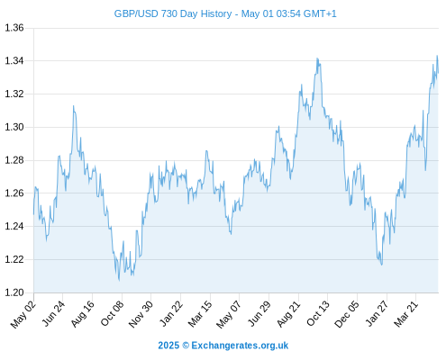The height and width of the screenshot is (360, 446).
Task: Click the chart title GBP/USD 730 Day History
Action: [173, 13]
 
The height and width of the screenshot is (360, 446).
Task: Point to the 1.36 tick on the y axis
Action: [14, 28]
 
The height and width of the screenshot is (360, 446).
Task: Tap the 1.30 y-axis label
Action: [14, 127]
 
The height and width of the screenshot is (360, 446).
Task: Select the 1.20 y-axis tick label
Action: [14, 292]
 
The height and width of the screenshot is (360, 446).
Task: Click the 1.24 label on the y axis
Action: [14, 226]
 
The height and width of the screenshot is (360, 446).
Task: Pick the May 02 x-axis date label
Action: [23, 314]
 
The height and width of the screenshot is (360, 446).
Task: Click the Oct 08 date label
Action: [112, 313]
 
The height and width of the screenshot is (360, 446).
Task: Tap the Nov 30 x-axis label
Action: [141, 314]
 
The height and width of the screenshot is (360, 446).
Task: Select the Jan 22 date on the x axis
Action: [170, 313]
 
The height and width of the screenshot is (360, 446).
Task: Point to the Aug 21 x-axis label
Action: [288, 313]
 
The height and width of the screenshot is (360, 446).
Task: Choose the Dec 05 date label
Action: [346, 314]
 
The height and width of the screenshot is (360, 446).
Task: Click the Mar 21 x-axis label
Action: [405, 313]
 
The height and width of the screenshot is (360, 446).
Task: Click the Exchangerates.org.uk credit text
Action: [240, 346]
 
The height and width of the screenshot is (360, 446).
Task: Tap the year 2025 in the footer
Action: [168, 346]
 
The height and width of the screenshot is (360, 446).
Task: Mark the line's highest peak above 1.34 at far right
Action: [437, 56]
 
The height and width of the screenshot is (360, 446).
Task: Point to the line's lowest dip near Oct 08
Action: [119, 281]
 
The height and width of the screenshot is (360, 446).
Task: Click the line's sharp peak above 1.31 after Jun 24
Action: [73, 105]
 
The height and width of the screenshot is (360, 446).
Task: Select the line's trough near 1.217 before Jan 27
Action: [382, 265]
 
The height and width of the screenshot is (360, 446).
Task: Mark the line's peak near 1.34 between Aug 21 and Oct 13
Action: [317, 58]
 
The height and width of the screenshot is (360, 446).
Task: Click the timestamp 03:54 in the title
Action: [288, 13]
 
